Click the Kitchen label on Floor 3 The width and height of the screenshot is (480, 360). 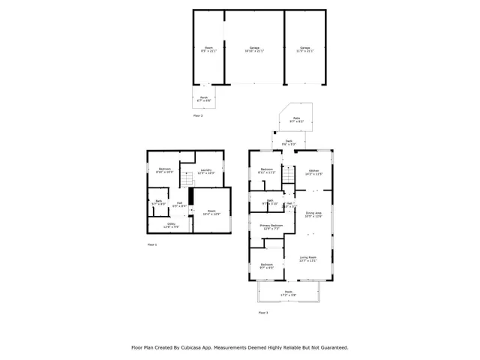[x=314, y=171]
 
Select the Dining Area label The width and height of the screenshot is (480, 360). [x=313, y=214]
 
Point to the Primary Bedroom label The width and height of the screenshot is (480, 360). [x=271, y=226]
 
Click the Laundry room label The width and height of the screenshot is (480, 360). [x=206, y=171]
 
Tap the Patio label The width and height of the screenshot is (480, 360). [x=296, y=118]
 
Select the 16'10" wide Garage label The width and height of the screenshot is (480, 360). [x=255, y=49]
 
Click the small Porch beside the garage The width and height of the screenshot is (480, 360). [x=202, y=97]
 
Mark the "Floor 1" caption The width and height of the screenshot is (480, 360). [x=152, y=245]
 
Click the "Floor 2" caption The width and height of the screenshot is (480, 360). [x=198, y=115]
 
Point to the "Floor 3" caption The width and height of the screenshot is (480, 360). [x=263, y=311]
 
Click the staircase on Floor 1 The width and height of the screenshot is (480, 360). [x=190, y=197]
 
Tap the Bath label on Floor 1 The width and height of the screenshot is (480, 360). [x=159, y=202]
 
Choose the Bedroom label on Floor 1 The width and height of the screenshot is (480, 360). [x=165, y=170]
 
